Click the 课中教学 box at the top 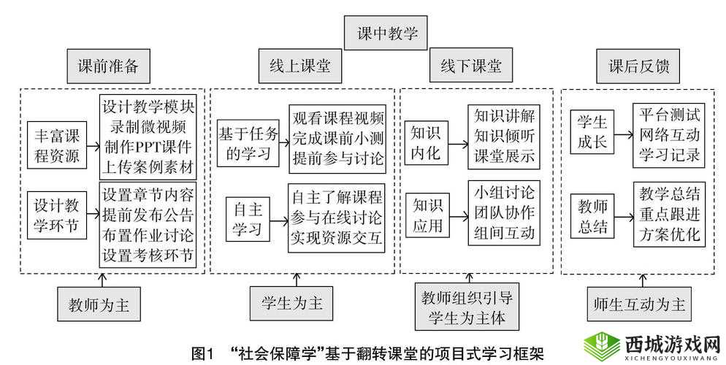point(386,34)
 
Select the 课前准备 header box point(108,67)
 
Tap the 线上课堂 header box point(295,67)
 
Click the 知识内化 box point(426,144)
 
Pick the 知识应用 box point(426,217)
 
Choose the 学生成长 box point(592,133)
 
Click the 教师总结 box point(592,218)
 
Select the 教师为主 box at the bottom point(99,305)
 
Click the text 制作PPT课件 point(148,151)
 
